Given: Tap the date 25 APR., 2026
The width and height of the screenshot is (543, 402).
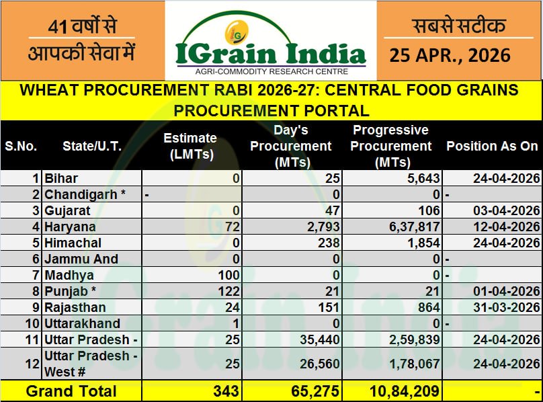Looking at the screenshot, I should click(450, 55).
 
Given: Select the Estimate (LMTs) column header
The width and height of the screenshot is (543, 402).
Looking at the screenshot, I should click(190, 146).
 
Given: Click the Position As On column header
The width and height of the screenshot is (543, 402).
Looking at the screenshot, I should click(492, 146).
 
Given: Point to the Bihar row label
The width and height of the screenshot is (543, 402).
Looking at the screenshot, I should click(61, 178).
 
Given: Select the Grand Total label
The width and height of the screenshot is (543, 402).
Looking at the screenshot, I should click(71, 391).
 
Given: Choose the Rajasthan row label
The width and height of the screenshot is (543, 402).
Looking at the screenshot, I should click(75, 307).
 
